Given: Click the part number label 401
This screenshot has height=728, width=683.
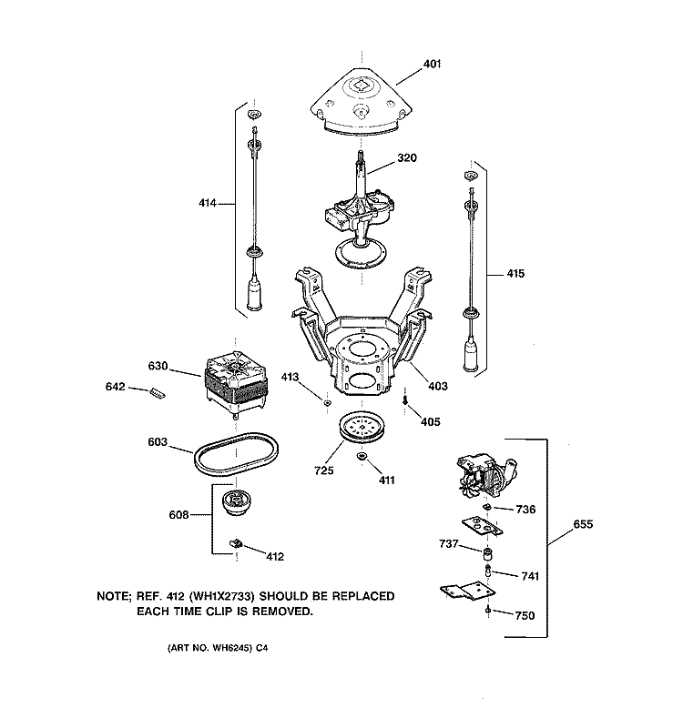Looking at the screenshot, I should pos(432,65).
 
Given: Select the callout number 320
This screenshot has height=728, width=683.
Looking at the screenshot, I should pos(406,158).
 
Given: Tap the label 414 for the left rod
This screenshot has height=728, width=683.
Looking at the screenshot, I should pos(209,204).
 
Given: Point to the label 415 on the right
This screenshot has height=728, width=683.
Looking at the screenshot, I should pos(515,274).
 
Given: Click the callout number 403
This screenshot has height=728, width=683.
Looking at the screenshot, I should pos(438,386).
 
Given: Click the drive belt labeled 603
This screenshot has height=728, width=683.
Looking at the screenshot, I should pos(229,453).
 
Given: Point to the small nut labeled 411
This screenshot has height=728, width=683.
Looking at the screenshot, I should pos(362,455).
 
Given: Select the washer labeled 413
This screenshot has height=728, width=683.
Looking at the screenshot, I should pos(325,399).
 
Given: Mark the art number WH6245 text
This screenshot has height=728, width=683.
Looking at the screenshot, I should pos(216,649).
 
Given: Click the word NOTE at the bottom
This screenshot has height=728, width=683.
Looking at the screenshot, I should pos(115,596).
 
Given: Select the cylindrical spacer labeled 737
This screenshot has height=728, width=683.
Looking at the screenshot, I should pos(487,554).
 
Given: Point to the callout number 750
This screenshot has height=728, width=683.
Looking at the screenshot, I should pos(525,616).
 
